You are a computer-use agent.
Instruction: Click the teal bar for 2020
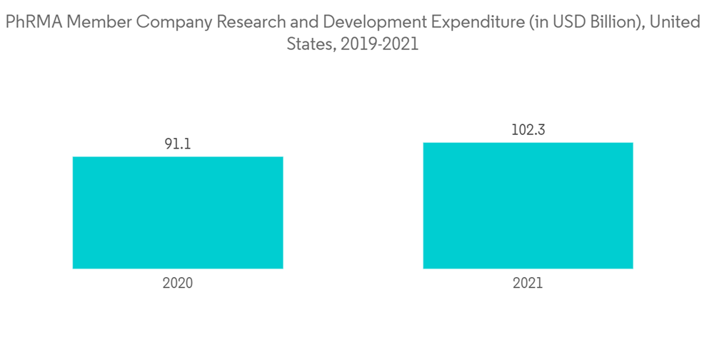click(178, 212)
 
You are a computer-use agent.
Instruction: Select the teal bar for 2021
click(528, 206)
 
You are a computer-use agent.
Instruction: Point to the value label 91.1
click(178, 144)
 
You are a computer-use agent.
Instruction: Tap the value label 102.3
click(528, 130)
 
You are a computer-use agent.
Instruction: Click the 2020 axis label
click(178, 283)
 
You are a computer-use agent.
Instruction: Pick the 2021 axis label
click(528, 283)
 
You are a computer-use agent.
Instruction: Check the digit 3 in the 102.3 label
click(540, 130)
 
